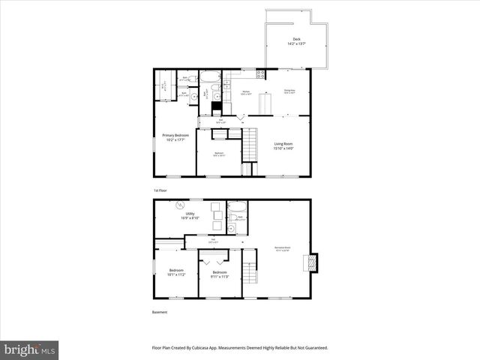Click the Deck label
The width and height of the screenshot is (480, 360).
click(x=295, y=42)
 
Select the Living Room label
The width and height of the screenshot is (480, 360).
click(x=283, y=146)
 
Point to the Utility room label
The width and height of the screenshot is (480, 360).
click(x=189, y=216)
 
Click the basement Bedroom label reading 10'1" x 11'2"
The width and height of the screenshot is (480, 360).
click(x=176, y=272)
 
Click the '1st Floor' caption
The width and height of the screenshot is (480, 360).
click(x=160, y=190)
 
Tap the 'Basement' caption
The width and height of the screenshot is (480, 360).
click(x=160, y=312)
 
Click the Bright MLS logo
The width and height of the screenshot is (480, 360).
click(x=30, y=349)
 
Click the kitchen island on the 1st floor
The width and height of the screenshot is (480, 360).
click(x=265, y=103)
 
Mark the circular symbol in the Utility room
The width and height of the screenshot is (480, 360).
click(x=179, y=205)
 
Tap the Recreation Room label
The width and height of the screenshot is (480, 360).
click(x=283, y=247)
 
